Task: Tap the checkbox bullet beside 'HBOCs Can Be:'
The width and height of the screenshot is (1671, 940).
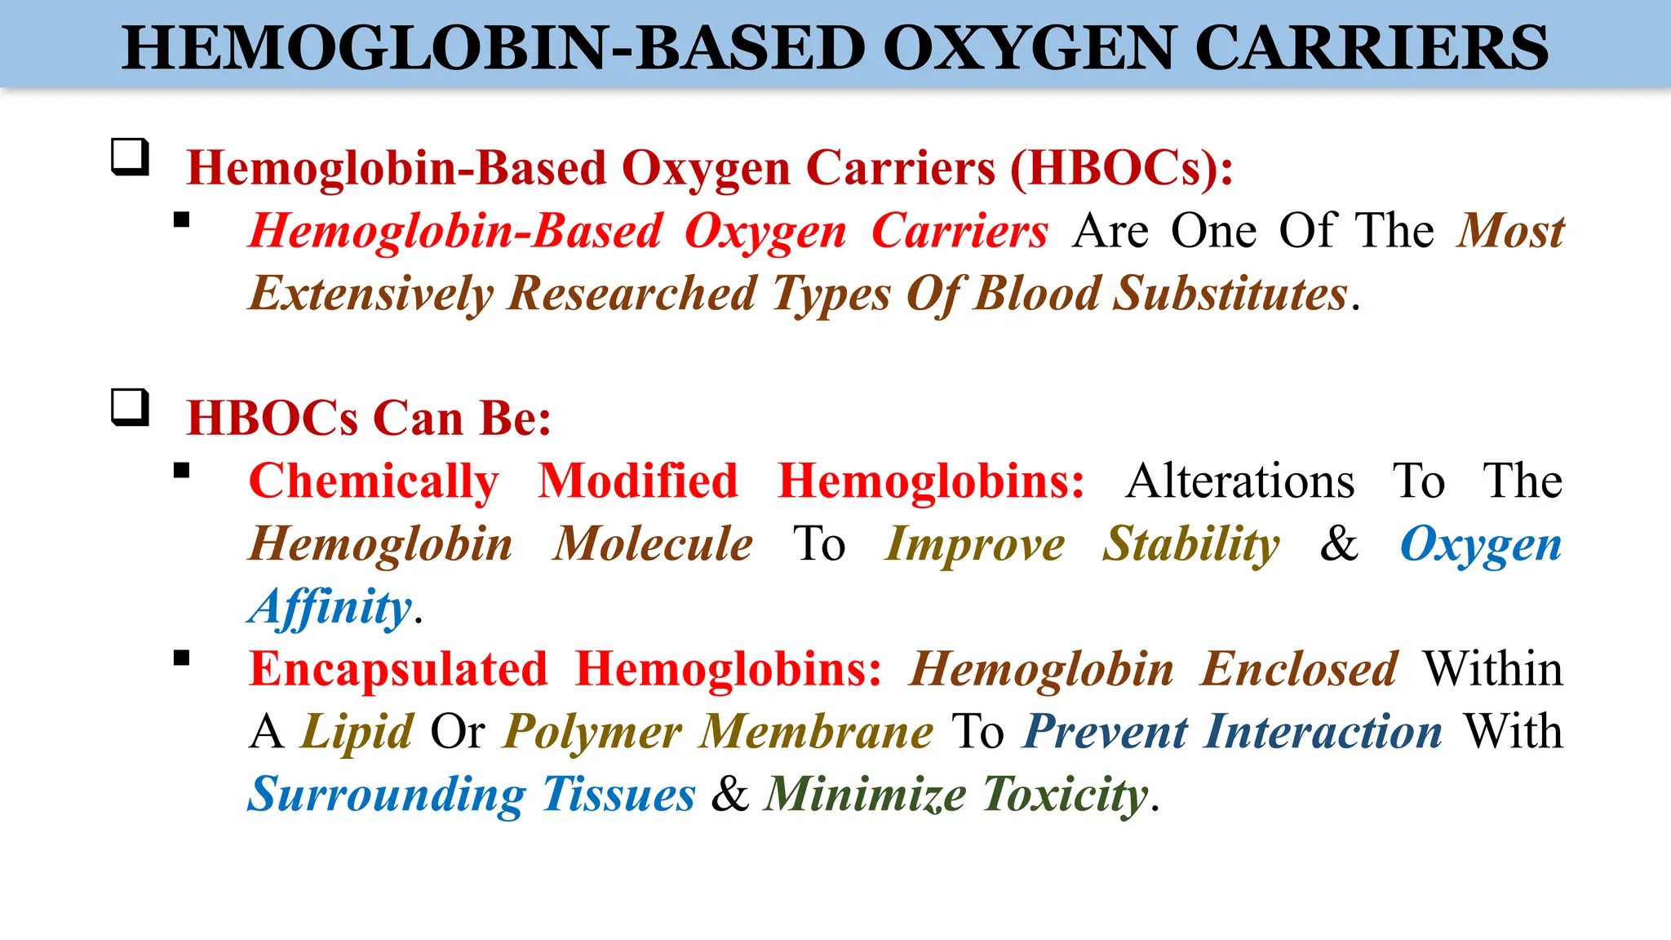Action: [x=130, y=407]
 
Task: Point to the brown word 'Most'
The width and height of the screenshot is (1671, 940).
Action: [x=1510, y=231]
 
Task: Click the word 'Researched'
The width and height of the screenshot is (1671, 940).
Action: [x=632, y=293]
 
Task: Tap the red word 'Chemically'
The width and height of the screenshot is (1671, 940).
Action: [x=374, y=481]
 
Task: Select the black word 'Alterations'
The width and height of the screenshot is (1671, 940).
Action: [x=1240, y=481]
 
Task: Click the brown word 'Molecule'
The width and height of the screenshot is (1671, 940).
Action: [x=653, y=544]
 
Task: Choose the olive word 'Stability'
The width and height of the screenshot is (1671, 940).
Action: [x=1191, y=544]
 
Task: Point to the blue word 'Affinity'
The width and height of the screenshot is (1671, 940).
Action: [x=330, y=607]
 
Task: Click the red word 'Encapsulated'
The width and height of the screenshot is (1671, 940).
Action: [x=398, y=669]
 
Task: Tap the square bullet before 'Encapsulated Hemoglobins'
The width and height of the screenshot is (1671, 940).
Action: [x=181, y=658]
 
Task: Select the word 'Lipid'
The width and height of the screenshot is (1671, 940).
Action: [x=357, y=732]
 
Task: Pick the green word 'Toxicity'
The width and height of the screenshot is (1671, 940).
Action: [x=1066, y=794]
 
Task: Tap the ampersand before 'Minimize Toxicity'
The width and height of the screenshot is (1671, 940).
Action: [x=729, y=794]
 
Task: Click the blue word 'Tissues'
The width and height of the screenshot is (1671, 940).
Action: [x=618, y=794]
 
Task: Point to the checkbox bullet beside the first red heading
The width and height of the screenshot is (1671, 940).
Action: [x=130, y=157]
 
